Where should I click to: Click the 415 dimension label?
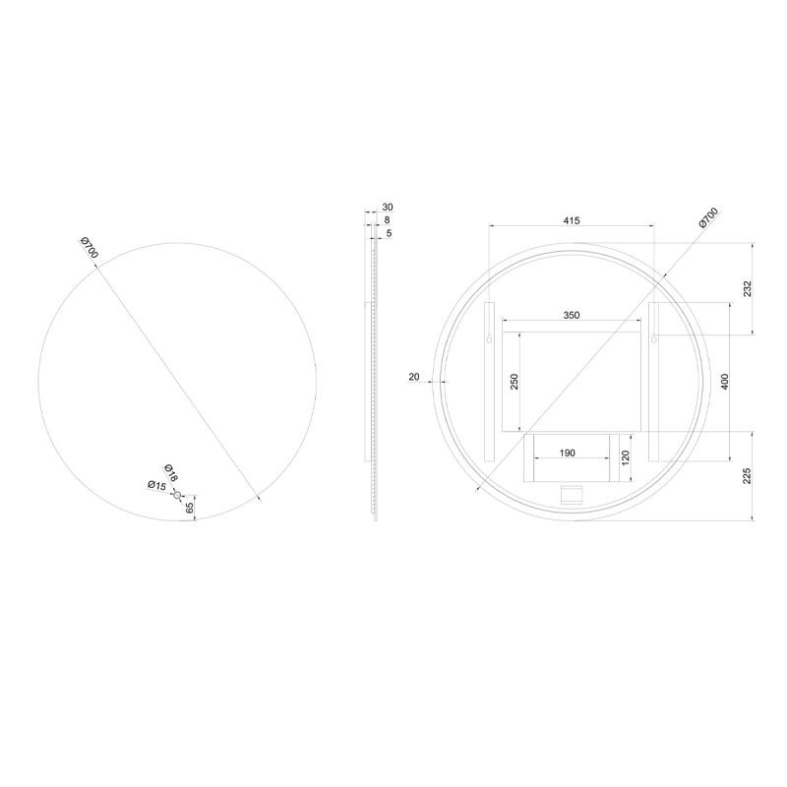click(572, 220)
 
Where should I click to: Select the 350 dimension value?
click(572, 315)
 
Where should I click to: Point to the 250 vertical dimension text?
click(514, 382)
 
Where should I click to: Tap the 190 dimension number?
click(567, 454)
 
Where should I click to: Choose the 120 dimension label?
click(626, 457)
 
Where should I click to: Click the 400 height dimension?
click(724, 382)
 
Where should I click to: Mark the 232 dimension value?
click(748, 288)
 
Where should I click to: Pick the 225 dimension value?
click(748, 476)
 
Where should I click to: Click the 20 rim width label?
click(414, 377)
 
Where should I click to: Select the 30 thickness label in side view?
click(388, 207)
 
